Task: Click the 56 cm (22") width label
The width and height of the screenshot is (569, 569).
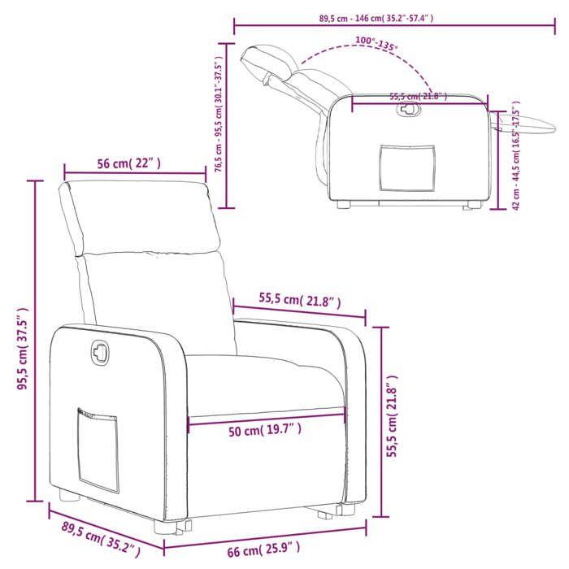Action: coord(129,163)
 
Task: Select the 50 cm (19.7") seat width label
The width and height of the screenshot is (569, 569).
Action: coord(266,430)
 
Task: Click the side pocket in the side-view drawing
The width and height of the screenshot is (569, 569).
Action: coord(406,167)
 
